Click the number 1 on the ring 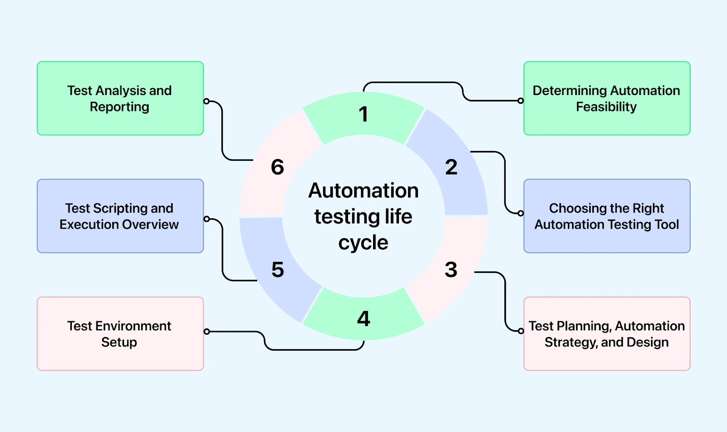(363, 114)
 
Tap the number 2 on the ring (451, 167)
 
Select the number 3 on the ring (451, 270)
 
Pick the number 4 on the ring (363, 319)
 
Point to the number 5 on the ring (278, 270)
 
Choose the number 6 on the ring (277, 167)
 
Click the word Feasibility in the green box (606, 107)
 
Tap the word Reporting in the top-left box (120, 107)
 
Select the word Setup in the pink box (119, 342)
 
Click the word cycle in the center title (363, 243)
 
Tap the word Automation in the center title (363, 191)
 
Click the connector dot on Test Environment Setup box (207, 332)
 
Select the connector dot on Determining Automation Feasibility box (521, 100)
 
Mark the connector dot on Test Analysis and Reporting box (207, 101)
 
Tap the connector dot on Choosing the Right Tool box (521, 213)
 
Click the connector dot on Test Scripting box (207, 219)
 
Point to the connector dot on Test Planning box (521, 331)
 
